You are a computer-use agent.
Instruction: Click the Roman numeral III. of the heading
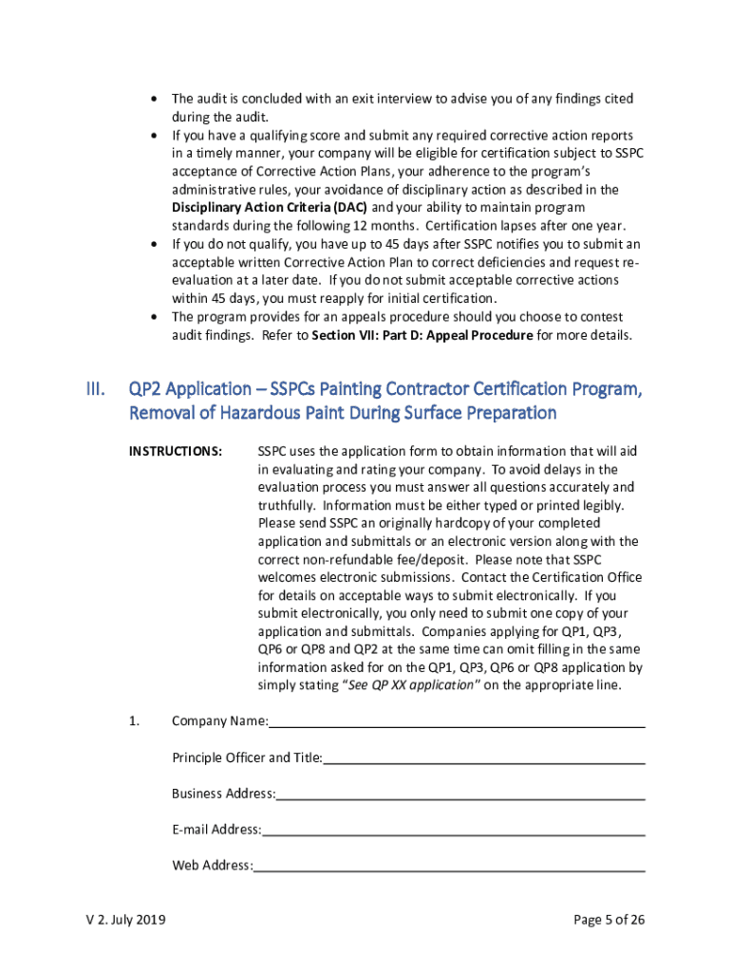[x=95, y=389]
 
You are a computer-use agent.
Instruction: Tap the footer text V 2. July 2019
[x=123, y=919]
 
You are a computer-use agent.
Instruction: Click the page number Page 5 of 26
[x=609, y=919]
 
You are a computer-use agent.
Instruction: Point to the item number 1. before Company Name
[x=134, y=721]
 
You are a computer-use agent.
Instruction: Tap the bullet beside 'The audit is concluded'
[x=154, y=100]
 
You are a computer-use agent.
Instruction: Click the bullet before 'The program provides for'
[x=154, y=316]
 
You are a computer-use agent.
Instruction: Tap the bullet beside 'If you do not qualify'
[x=154, y=244]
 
